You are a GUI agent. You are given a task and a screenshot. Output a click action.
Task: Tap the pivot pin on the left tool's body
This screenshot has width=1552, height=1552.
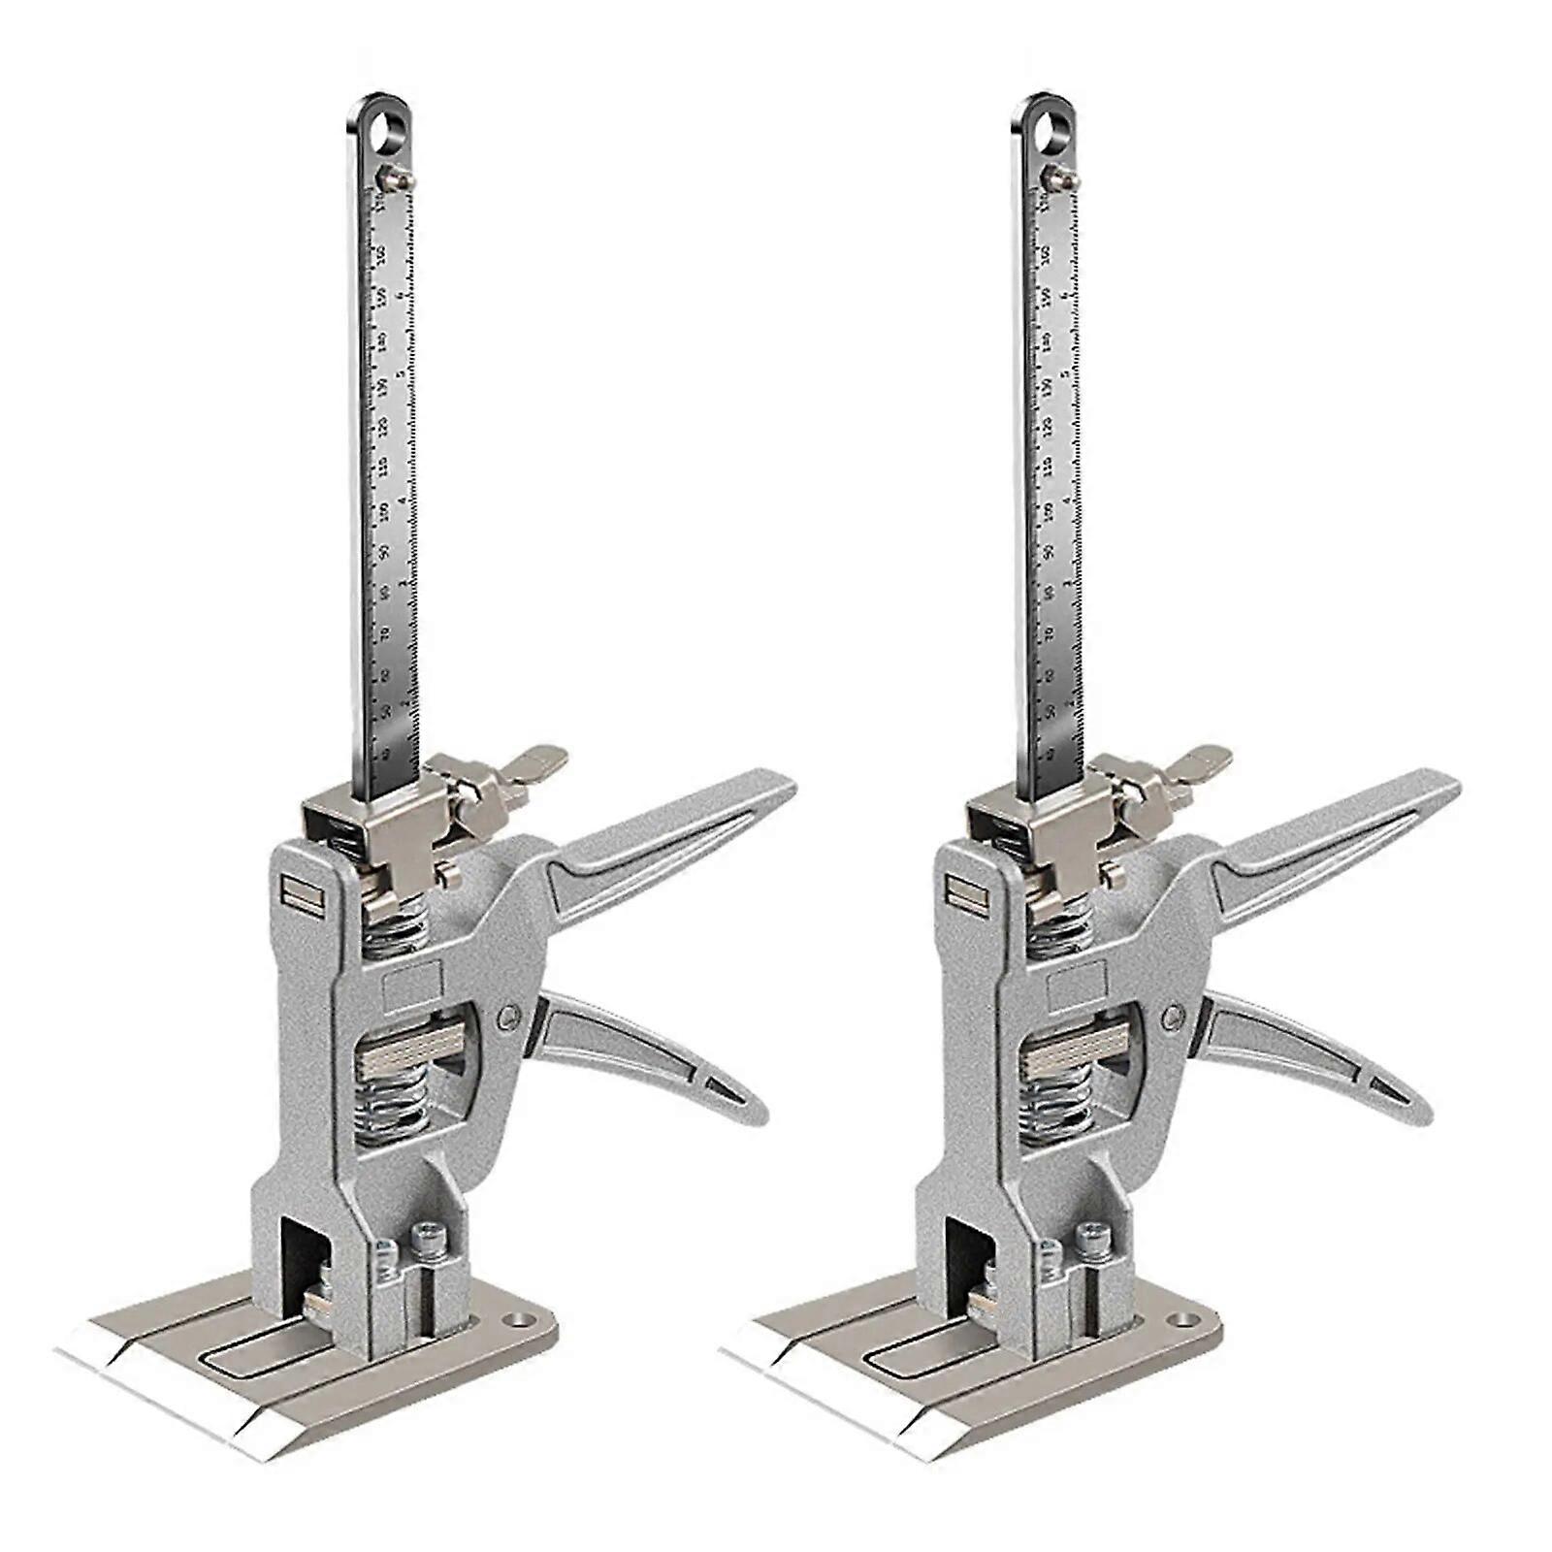coord(508,1017)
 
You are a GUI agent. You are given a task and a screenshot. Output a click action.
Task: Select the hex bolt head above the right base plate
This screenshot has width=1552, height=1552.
coord(1089,1236)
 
